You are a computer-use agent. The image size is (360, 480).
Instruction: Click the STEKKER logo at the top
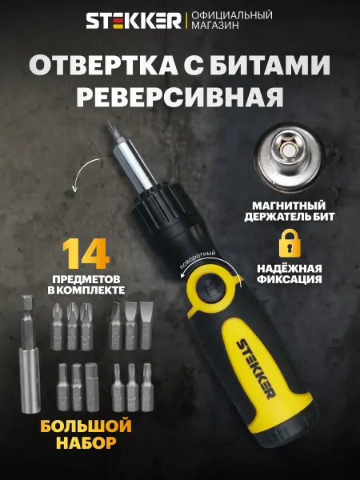coord(134,21)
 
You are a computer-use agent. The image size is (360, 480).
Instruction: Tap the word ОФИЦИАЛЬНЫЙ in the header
coord(232,15)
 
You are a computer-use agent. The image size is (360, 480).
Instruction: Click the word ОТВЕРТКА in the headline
coord(104,66)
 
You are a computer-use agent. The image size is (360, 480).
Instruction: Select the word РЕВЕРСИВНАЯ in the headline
coord(180,98)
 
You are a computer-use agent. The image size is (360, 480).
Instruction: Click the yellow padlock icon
coord(289,243)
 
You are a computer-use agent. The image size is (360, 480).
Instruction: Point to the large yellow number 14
coord(86,254)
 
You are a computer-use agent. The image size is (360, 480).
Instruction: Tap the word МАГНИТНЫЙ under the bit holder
coord(289,206)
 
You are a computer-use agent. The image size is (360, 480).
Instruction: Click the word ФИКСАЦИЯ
coord(290,279)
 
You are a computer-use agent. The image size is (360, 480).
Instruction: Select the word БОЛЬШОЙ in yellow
coord(86,426)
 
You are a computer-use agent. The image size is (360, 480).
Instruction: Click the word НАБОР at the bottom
coord(86,442)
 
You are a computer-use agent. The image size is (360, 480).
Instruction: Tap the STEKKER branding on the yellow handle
coord(256,368)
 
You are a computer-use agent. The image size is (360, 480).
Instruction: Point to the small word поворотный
coord(197,258)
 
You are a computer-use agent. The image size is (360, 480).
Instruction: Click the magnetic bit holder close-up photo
coord(290,156)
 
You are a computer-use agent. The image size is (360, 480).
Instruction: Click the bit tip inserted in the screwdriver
coord(111,130)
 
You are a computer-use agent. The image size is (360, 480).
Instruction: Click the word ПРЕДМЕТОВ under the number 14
coord(86,279)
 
